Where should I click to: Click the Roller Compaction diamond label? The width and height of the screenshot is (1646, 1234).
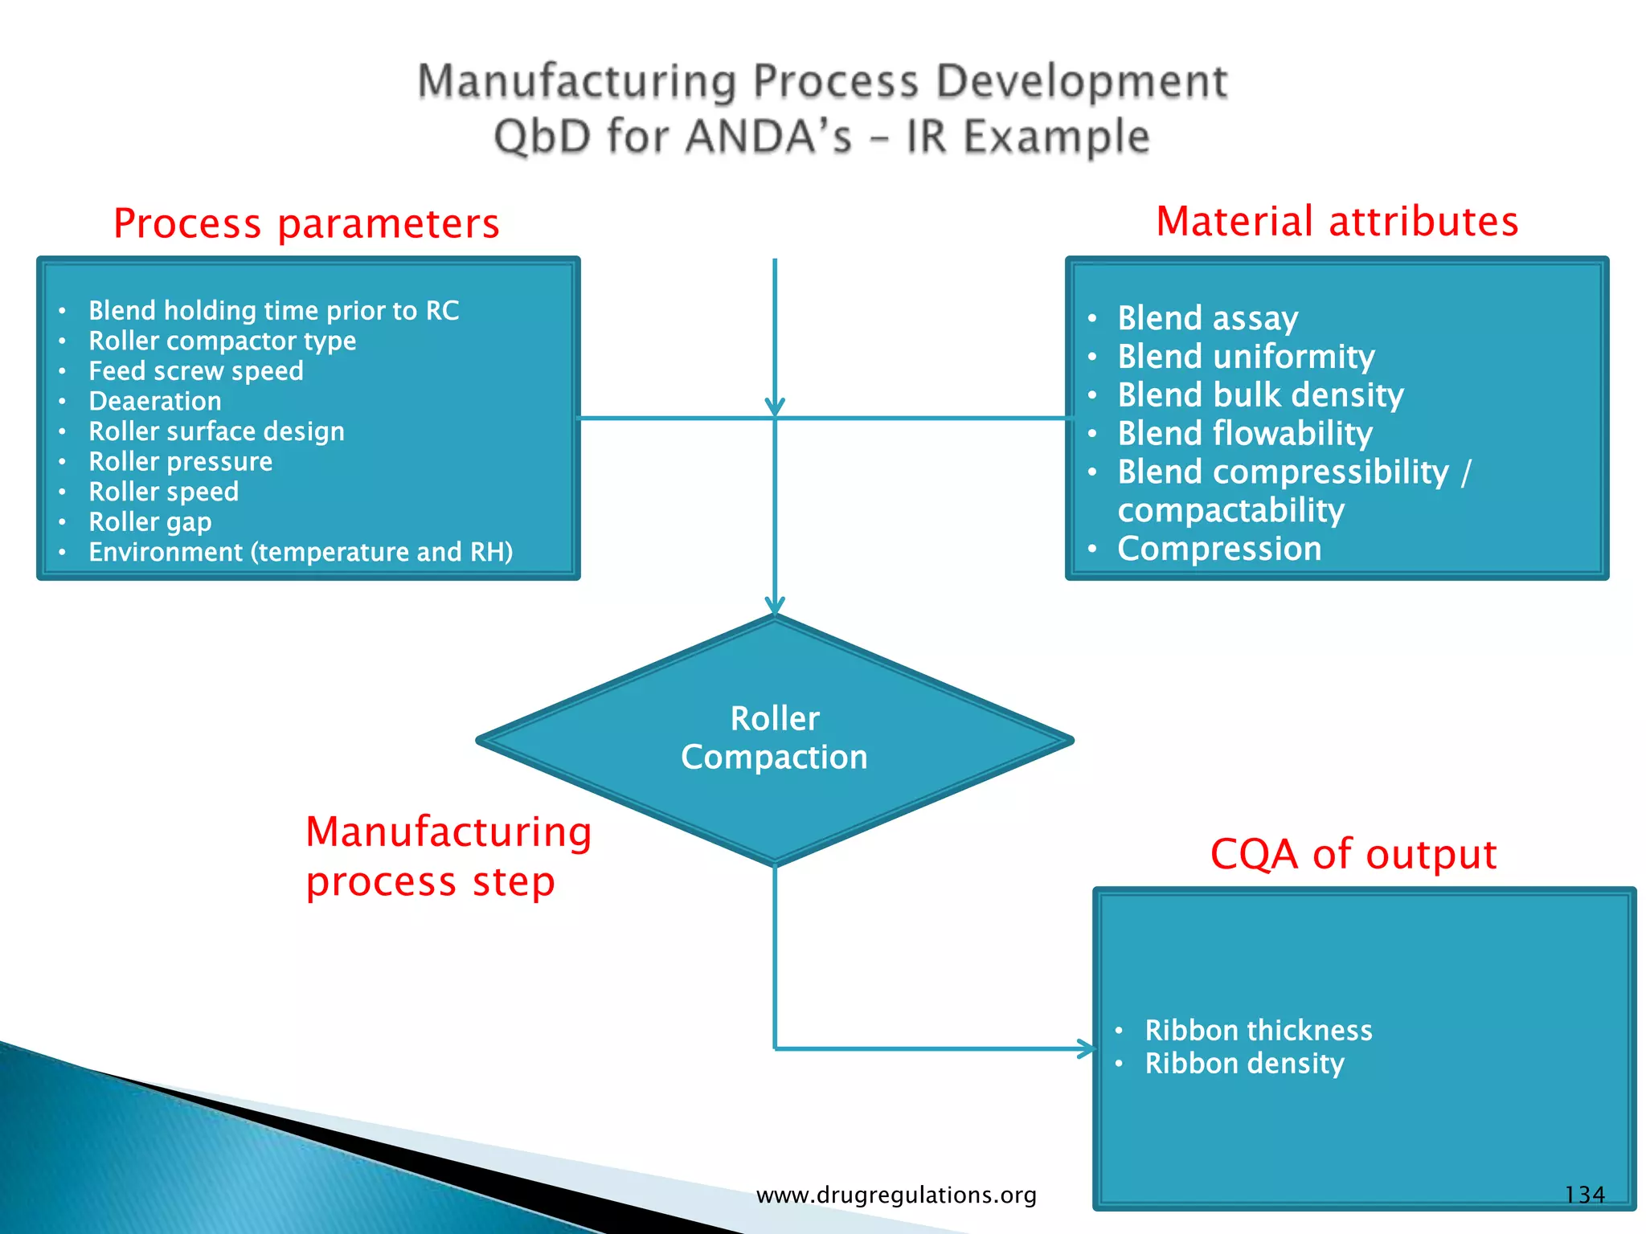(774, 738)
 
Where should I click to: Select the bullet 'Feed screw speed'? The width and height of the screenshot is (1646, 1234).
(195, 371)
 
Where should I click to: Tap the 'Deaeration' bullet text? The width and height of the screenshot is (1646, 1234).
(154, 401)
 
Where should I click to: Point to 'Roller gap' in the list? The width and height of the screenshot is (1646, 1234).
(149, 522)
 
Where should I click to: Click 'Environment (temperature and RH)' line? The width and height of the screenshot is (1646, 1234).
(300, 552)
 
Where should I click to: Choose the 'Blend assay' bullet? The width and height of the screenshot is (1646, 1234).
(1207, 318)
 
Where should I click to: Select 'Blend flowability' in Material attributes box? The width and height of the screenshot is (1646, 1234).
(1244, 434)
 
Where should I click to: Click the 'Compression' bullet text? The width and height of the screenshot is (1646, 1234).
(1218, 549)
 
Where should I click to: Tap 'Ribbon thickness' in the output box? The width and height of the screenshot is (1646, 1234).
(1258, 1031)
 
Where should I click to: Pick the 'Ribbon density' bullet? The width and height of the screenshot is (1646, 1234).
(1243, 1064)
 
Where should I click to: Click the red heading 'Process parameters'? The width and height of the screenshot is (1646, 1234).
(306, 223)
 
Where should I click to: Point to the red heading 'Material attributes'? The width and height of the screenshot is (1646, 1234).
(1337, 221)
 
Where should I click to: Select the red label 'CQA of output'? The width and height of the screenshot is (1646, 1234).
(1353, 854)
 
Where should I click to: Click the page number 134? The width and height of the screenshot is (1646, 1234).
(1583, 1195)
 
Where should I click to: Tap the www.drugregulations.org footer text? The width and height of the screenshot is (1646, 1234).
(896, 1195)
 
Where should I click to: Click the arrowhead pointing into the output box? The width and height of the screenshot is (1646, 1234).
(1086, 1048)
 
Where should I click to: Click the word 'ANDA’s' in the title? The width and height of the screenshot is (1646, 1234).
(768, 137)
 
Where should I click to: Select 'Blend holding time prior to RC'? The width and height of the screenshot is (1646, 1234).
(273, 311)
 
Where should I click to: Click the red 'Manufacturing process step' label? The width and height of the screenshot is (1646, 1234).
(448, 856)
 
